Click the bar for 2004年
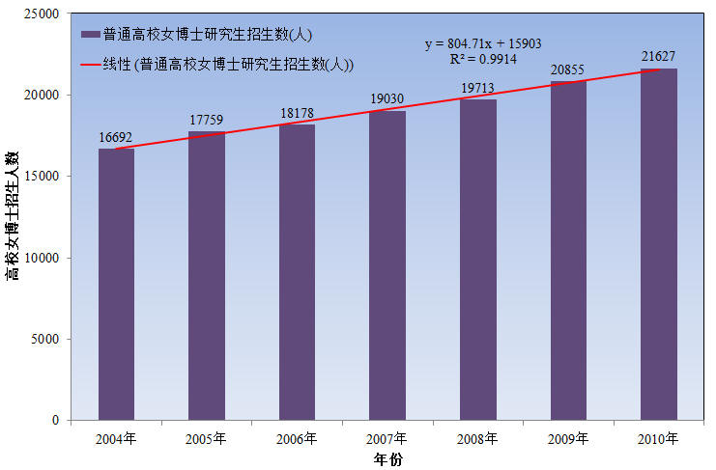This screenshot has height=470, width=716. point(116,285)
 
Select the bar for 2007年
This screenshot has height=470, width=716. point(387,265)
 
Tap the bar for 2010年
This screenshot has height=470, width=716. point(659,244)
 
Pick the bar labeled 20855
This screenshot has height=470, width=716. point(568,251)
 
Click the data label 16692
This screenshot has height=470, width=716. point(116,138)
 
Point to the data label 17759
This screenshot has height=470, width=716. point(206,121)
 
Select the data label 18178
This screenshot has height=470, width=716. point(297,114)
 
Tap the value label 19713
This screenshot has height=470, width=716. point(477,89)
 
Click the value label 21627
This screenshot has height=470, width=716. point(659,57)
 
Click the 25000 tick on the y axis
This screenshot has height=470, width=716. point(43,14)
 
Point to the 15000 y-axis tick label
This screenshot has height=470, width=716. point(43,177)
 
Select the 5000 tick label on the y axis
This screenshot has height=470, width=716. point(45,340)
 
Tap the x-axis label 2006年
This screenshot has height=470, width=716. point(297,439)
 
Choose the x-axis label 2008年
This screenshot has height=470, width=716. point(477,439)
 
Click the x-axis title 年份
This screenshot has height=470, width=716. point(388,459)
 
